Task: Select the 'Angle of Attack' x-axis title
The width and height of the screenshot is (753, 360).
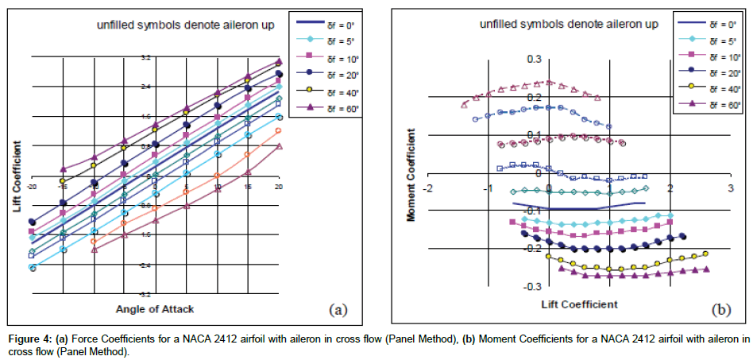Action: [155, 308]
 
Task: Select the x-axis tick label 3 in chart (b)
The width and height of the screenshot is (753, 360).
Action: [731, 188]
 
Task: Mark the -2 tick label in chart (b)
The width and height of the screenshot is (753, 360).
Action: [428, 188]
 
